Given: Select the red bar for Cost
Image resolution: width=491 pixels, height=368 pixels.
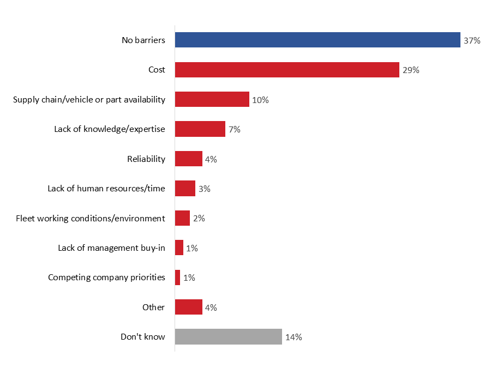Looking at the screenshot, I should pyautogui.click(x=287, y=70).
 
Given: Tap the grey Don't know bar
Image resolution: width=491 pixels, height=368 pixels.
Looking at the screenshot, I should pyautogui.click(x=228, y=336).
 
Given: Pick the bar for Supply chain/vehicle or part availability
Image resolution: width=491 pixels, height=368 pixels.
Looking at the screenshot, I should pyautogui.click(x=212, y=99).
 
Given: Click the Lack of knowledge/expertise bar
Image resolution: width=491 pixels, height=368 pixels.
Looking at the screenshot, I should pyautogui.click(x=200, y=129).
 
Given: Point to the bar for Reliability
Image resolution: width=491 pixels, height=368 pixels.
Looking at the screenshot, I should pyautogui.click(x=188, y=159).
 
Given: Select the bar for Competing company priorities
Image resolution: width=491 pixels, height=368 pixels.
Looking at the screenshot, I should pyautogui.click(x=177, y=277).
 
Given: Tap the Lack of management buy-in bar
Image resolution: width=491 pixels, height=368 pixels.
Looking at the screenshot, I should pyautogui.click(x=179, y=248).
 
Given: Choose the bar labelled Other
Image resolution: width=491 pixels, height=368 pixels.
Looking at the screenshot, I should pyautogui.click(x=188, y=307).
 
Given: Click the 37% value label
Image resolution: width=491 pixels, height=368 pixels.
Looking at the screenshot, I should pyautogui.click(x=471, y=40).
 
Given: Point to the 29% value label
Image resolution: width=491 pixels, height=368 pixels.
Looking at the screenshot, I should pyautogui.click(x=410, y=70).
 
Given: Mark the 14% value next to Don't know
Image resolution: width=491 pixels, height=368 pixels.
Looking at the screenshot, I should pyautogui.click(x=293, y=337).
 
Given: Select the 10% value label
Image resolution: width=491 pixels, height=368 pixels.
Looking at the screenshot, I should pyautogui.click(x=261, y=100).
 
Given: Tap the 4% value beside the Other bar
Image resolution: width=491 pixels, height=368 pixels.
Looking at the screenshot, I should pyautogui.click(x=211, y=307).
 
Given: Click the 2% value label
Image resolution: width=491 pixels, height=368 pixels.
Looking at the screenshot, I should pyautogui.click(x=199, y=219).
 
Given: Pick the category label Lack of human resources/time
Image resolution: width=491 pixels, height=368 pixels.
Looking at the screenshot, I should pyautogui.click(x=106, y=189).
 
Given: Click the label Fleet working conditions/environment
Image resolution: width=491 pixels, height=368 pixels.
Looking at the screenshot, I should pyautogui.click(x=91, y=218).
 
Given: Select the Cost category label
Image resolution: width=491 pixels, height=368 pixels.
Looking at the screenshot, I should pyautogui.click(x=157, y=70).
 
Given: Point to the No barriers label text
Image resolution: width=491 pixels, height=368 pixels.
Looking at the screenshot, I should pyautogui.click(x=143, y=40).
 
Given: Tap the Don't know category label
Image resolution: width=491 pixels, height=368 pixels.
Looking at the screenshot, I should pyautogui.click(x=142, y=336).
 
